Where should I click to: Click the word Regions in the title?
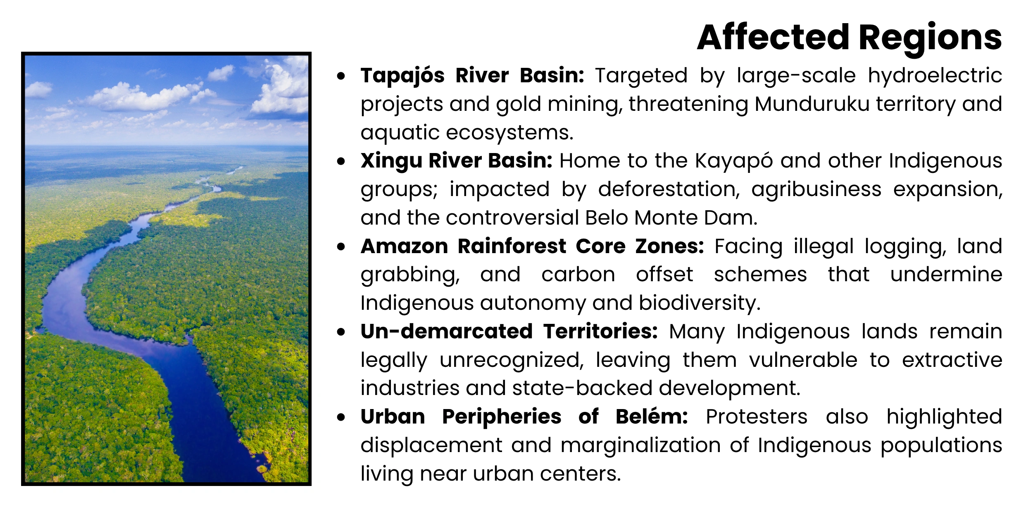(930, 38)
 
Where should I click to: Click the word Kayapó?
(734, 161)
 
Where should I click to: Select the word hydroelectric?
(935, 76)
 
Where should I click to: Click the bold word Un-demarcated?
(446, 332)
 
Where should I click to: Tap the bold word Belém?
(652, 417)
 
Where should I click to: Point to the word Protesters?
(756, 417)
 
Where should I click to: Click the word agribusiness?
(816, 189)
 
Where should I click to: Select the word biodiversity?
(699, 303)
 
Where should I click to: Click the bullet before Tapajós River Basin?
(341, 76)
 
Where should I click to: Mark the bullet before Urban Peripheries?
(341, 417)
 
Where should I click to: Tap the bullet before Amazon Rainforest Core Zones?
(341, 247)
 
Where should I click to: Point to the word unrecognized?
(512, 360)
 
